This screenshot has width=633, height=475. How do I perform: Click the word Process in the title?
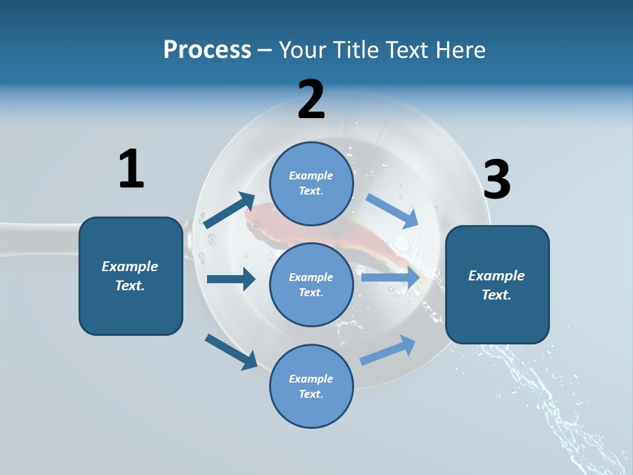pyautogui.click(x=207, y=49)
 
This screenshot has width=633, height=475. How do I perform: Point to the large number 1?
pyautogui.click(x=131, y=169)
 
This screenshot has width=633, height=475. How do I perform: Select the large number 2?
pyautogui.click(x=311, y=100)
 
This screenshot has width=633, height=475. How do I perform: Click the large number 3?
pyautogui.click(x=497, y=179)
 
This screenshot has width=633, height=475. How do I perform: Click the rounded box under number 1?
pyautogui.click(x=131, y=276)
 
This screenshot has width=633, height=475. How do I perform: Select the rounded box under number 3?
pyautogui.click(x=497, y=284)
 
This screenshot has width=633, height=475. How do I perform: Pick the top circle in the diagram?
pyautogui.click(x=311, y=183)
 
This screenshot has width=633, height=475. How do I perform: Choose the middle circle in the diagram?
pyautogui.click(x=311, y=284)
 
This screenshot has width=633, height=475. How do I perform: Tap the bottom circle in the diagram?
pyautogui.click(x=311, y=386)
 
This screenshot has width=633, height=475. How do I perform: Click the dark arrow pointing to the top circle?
pyautogui.click(x=229, y=210)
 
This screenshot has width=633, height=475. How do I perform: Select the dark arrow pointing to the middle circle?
pyautogui.click(x=231, y=279)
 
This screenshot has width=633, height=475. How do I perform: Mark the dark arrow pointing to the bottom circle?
pyautogui.click(x=231, y=352)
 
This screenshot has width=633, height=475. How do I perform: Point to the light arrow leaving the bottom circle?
pyautogui.click(x=388, y=350)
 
